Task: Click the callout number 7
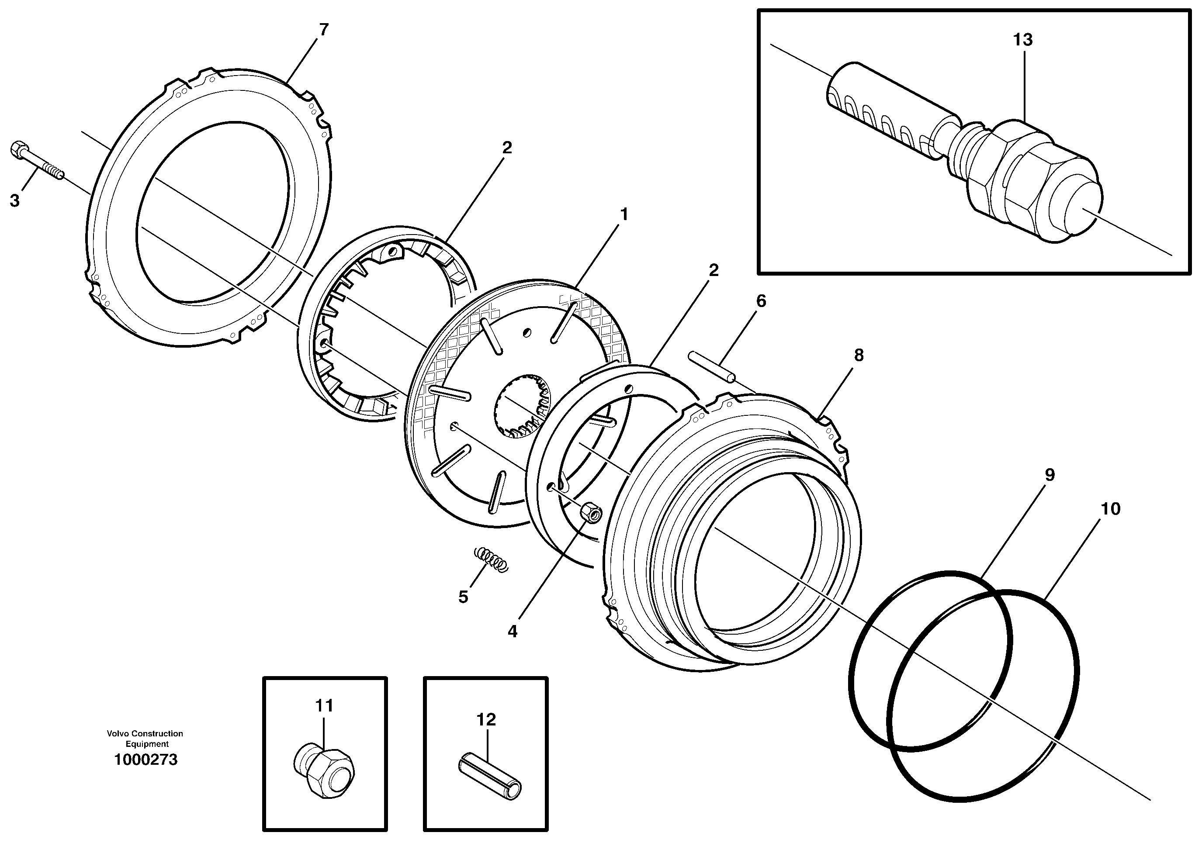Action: tap(324, 30)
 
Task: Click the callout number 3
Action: tap(15, 200)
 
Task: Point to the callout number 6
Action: tap(761, 301)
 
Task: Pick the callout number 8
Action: tap(859, 356)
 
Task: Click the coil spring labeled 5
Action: tap(491, 559)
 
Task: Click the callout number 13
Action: tap(1022, 39)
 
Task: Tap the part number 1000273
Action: tap(146, 760)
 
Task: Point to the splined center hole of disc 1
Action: tap(522, 406)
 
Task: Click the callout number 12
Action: tap(486, 720)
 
